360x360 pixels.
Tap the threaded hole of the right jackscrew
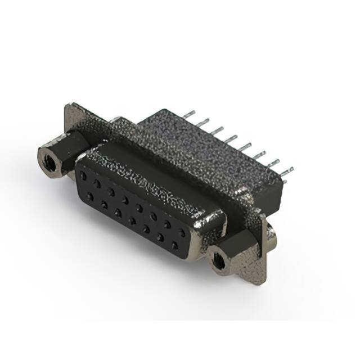pyautogui.click(x=219, y=260)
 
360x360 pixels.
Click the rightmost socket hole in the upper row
pyautogui.click(x=181, y=232)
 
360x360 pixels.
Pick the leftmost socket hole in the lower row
pyautogui.click(x=89, y=195)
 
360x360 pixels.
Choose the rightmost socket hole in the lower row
pyautogui.click(x=175, y=246)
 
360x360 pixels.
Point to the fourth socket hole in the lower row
pyautogui.click(x=132, y=220)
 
